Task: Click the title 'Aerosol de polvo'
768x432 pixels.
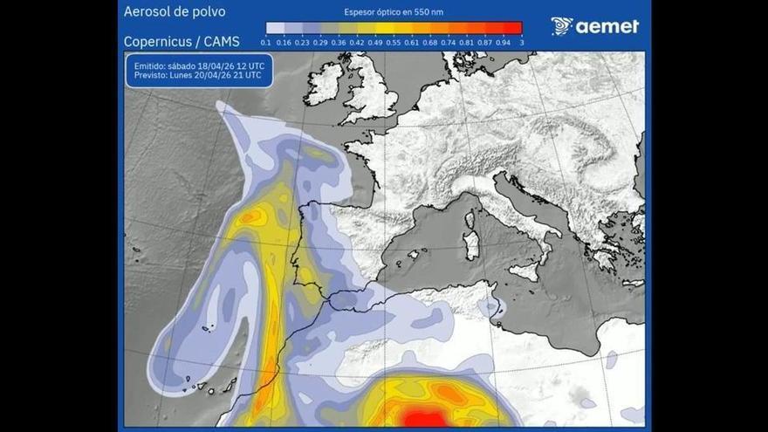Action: point(175,12)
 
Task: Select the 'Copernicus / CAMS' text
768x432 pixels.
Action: point(182,41)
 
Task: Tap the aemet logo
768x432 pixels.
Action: point(594,26)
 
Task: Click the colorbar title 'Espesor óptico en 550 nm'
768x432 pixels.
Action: point(394,12)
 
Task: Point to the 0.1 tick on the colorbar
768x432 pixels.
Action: point(266,41)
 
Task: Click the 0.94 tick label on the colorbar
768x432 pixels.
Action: point(504,41)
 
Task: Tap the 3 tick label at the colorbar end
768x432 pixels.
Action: point(522,41)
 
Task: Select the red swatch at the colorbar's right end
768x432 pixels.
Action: point(512,28)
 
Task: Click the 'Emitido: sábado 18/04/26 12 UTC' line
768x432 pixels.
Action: point(197,65)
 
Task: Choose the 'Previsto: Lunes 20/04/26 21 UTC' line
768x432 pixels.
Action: point(197,76)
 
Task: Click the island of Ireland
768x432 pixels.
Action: point(325,84)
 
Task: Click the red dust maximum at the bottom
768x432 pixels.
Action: point(425,420)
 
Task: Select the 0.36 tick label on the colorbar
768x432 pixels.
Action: point(339,41)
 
